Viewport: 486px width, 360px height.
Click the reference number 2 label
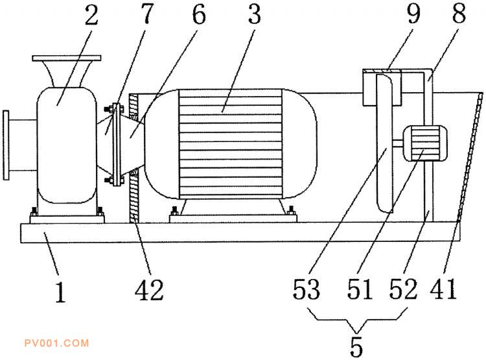92,15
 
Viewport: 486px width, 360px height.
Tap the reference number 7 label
147,14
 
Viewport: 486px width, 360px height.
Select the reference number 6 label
199,14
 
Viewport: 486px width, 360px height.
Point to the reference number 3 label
255,14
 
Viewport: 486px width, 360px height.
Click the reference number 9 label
413,14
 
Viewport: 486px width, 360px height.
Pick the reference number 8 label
459,14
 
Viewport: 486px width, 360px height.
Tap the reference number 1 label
61,292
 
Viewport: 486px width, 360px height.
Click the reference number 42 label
149,289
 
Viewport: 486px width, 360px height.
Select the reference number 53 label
307,289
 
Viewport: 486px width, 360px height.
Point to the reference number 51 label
360,289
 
